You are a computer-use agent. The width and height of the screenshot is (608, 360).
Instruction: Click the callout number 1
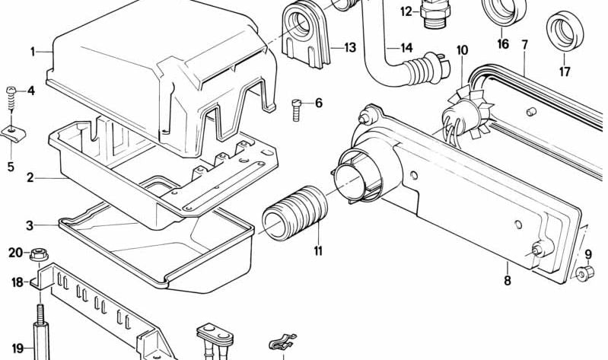pos(33,52)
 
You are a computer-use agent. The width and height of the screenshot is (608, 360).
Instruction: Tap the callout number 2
pos(30,179)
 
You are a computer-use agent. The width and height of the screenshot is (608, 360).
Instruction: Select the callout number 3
pos(30,225)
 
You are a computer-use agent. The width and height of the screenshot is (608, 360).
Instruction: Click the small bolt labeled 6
pos(298,109)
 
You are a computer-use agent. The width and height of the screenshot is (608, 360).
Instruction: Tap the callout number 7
pos(524,44)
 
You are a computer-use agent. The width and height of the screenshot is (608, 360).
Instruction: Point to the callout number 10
pos(462,51)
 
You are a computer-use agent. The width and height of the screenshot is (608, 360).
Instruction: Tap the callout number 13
pos(349,48)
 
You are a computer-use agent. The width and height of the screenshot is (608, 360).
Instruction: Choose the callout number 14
pos(406,48)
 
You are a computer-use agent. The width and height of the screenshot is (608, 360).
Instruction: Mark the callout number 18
pos(17,282)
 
